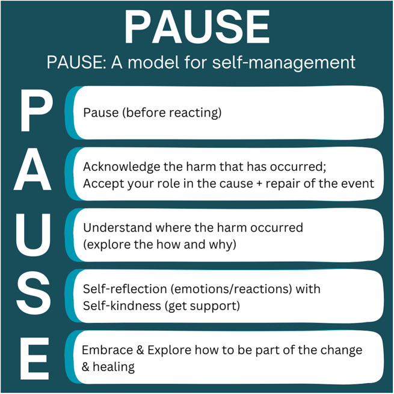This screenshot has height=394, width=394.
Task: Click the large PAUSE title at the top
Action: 197,27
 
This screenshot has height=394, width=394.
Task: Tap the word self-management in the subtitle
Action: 284,63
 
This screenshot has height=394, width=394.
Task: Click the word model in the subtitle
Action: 153,62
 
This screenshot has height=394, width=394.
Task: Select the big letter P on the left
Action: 37,110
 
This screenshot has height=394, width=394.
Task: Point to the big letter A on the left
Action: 32,169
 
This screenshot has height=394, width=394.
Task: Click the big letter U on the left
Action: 33,235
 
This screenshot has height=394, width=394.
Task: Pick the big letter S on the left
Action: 34,294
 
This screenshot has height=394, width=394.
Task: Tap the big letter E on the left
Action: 34,359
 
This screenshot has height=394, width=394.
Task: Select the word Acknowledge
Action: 122,167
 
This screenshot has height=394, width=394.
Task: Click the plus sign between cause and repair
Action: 259,184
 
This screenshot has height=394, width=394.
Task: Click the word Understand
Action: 117,227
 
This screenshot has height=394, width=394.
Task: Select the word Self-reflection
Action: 125,289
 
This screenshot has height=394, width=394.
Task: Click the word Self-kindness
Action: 122,306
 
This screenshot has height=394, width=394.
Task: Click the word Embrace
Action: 107,350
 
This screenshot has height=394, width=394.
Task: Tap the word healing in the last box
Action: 114,367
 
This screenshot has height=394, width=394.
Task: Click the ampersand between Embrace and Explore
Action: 140,350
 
